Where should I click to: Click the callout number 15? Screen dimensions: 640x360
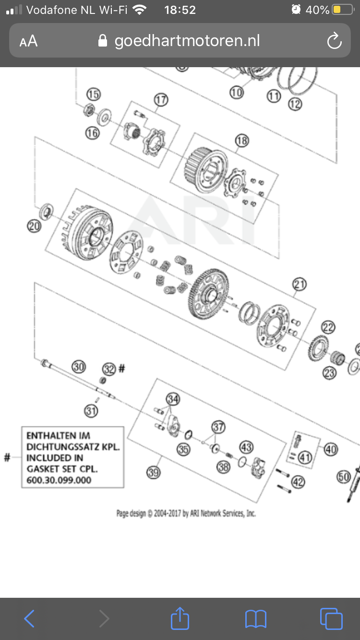(x=93, y=95)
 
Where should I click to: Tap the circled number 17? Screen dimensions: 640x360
(x=161, y=100)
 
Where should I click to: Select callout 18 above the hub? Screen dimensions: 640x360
(x=241, y=141)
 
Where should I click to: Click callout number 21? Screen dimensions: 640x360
(x=299, y=284)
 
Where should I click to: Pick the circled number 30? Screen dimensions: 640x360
(x=79, y=367)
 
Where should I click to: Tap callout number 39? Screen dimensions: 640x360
(x=153, y=473)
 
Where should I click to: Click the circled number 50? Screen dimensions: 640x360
(x=344, y=477)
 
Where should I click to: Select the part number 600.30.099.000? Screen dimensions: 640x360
(x=59, y=480)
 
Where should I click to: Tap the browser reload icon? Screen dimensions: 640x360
(x=334, y=41)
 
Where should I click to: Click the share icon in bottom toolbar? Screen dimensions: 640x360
(x=180, y=618)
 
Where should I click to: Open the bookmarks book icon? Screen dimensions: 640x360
(x=255, y=619)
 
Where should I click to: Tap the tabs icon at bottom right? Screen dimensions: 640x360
(x=331, y=618)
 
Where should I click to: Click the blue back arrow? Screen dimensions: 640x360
(x=29, y=619)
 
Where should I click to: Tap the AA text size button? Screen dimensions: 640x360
(x=28, y=41)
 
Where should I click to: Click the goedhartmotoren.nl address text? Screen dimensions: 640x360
(x=187, y=41)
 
